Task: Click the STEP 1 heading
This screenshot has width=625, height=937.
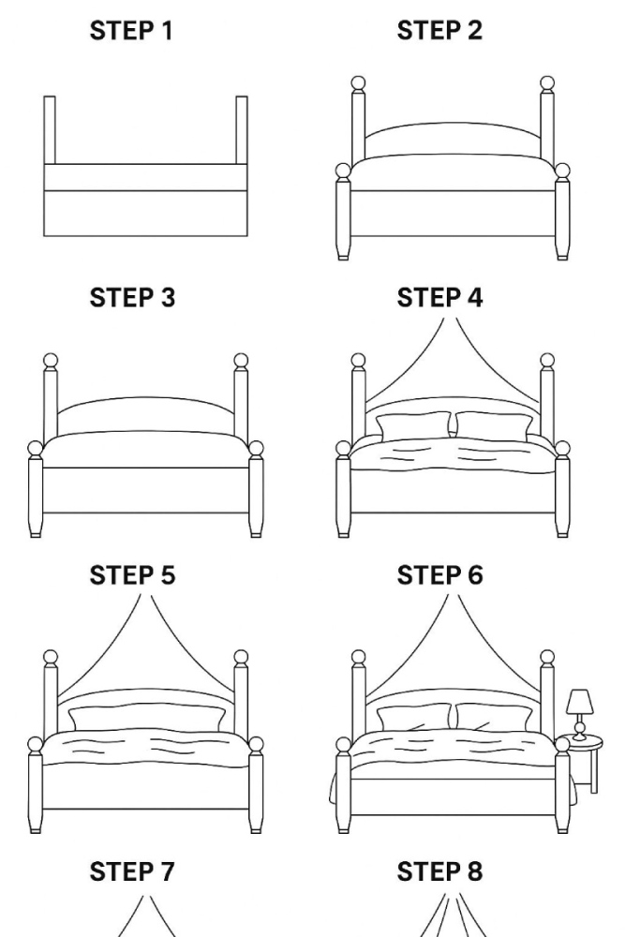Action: point(131,31)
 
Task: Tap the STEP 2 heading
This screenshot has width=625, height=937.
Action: point(439,31)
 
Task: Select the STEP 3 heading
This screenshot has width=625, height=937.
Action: point(132,298)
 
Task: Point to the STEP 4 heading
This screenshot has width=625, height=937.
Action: point(439,298)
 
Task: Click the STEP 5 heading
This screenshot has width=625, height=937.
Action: point(132,575)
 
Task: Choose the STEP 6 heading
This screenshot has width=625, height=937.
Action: point(439,575)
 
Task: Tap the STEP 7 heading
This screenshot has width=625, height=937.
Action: point(132,871)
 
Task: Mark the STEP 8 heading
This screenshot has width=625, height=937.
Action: point(439,871)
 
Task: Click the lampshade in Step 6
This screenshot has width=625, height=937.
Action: point(580,702)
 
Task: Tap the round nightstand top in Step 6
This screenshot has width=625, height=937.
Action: point(584,744)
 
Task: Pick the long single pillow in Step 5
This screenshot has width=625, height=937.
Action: point(147,719)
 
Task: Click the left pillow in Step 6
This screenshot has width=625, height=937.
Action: point(413,718)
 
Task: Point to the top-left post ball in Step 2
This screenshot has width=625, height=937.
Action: point(358,83)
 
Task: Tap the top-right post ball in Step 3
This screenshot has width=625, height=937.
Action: point(241,361)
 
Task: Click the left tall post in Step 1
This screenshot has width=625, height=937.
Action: point(50,129)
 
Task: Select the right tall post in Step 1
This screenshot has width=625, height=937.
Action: point(242,129)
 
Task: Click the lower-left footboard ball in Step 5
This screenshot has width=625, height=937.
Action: point(36,745)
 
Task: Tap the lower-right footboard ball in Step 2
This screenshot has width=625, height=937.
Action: point(562,171)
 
